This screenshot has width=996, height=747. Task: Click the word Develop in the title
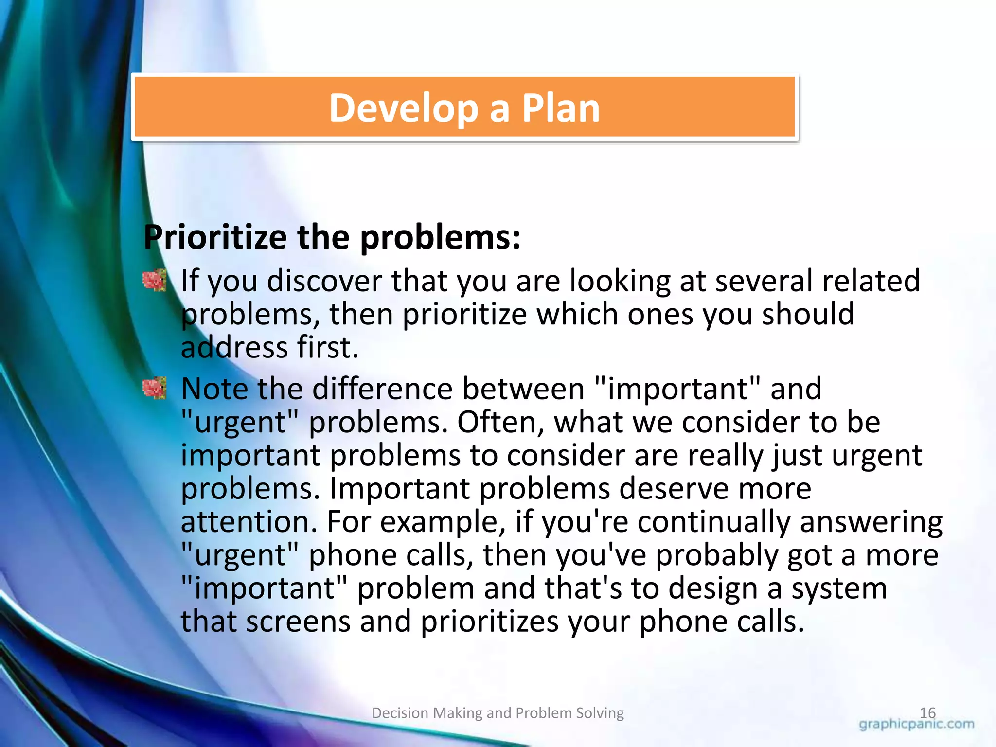pyautogui.click(x=404, y=108)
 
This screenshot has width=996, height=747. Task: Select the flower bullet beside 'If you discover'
pyautogui.click(x=155, y=281)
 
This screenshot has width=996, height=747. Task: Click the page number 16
pyautogui.click(x=927, y=712)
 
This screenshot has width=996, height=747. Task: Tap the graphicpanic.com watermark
pyautogui.click(x=916, y=724)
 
